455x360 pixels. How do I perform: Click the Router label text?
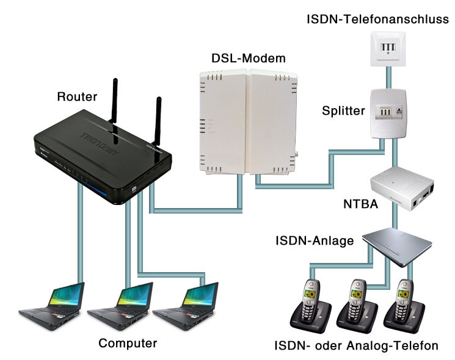coord(76,96)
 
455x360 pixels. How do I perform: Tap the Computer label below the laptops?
coord(128,343)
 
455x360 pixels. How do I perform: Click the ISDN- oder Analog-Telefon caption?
coord(356,346)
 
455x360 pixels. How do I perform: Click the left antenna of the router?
coord(114,104)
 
